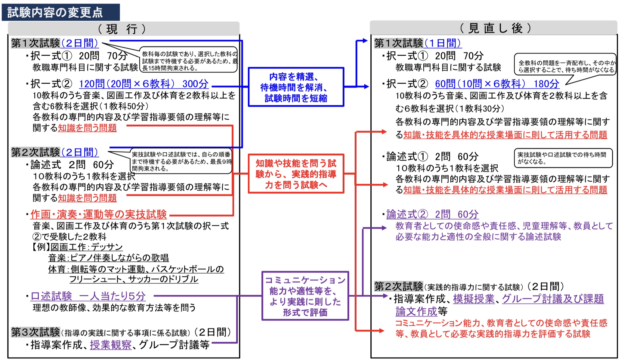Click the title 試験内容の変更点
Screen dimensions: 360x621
55,12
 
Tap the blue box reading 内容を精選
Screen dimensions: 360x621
296,87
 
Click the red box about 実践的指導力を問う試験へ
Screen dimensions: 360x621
296,174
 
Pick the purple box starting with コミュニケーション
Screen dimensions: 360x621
305,296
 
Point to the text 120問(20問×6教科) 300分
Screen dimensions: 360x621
144,84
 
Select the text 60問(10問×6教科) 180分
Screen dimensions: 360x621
497,84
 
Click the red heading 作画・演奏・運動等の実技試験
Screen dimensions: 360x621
99,214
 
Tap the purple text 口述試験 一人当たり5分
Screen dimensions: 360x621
88,296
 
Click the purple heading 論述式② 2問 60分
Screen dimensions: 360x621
432,214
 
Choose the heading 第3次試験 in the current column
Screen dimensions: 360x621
36,332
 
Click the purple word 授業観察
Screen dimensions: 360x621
111,345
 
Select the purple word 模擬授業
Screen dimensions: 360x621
474,299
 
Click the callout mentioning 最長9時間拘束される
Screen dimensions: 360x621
181,161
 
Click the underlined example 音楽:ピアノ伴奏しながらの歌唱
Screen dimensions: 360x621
108,258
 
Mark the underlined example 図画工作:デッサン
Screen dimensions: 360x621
87,247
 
